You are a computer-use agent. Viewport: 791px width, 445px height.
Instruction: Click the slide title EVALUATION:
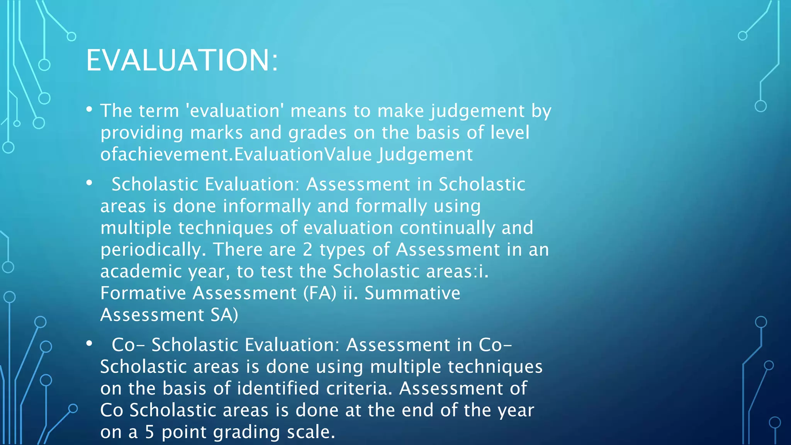coord(182,60)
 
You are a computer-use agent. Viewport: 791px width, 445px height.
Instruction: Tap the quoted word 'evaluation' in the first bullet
coord(235,111)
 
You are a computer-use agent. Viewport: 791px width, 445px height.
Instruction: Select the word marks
coord(216,133)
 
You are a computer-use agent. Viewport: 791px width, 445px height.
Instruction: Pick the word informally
coord(266,206)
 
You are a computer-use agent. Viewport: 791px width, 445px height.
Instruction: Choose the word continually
coord(447,228)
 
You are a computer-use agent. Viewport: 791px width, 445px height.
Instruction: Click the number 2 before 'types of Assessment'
coord(307,250)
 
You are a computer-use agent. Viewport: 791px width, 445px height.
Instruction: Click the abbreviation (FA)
coord(320,293)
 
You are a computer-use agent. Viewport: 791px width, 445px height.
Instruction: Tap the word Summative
coord(412,293)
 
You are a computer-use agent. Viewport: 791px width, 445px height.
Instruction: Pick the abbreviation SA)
coord(224,315)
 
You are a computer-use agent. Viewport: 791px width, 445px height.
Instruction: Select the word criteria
coord(359,388)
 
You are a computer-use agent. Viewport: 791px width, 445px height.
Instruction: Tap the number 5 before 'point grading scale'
coord(149,432)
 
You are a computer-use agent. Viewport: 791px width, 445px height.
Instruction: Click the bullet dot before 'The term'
coord(89,110)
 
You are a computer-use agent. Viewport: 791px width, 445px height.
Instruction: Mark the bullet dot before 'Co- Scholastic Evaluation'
coord(89,343)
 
